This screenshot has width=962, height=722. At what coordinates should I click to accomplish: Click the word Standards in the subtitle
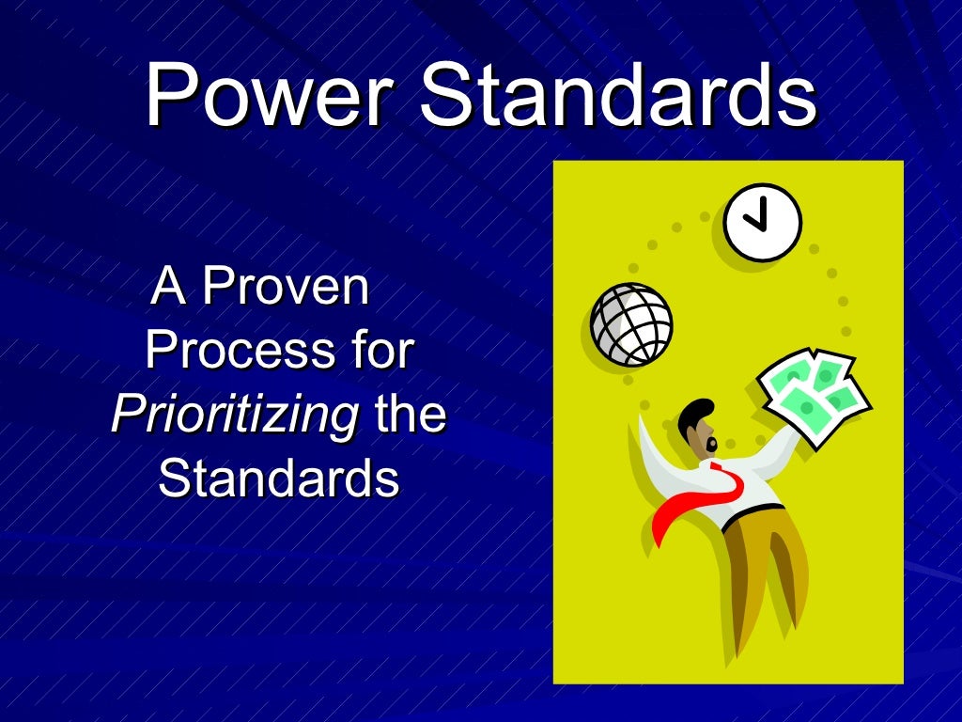pos(279,479)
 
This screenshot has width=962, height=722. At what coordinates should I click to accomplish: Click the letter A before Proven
pos(169,287)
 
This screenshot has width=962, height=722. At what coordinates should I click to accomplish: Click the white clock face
pos(762,222)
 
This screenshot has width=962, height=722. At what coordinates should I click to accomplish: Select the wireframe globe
pos(631,323)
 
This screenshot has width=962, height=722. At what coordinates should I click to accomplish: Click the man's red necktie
pos(700,498)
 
